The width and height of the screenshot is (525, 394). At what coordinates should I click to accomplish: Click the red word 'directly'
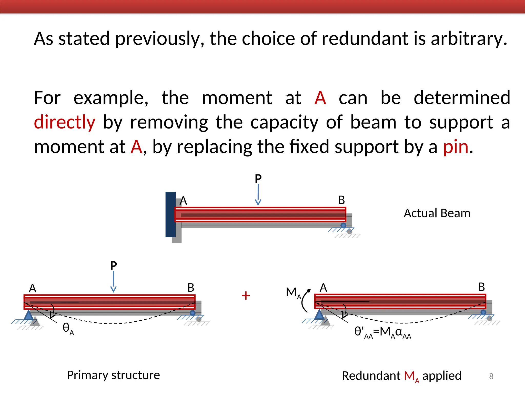(65, 122)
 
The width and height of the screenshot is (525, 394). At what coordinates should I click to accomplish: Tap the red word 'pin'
(456, 147)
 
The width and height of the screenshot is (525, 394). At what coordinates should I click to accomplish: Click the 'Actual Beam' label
(437, 213)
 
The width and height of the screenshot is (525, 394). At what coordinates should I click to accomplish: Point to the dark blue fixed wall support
(170, 214)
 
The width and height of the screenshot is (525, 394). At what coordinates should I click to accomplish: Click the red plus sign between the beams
(246, 295)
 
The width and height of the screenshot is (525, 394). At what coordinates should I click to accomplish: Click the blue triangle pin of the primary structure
(28, 315)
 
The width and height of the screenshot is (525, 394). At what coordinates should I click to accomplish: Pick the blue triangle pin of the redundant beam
(319, 315)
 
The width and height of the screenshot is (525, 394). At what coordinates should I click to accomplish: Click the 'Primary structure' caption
(113, 375)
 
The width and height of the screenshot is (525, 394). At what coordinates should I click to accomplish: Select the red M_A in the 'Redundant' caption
(411, 376)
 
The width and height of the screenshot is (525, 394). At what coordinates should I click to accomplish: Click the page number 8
(491, 376)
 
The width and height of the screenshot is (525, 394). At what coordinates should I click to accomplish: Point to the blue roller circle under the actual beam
(343, 225)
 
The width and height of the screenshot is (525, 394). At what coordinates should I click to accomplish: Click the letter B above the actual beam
(341, 200)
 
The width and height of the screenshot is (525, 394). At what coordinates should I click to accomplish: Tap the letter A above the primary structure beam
(33, 288)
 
